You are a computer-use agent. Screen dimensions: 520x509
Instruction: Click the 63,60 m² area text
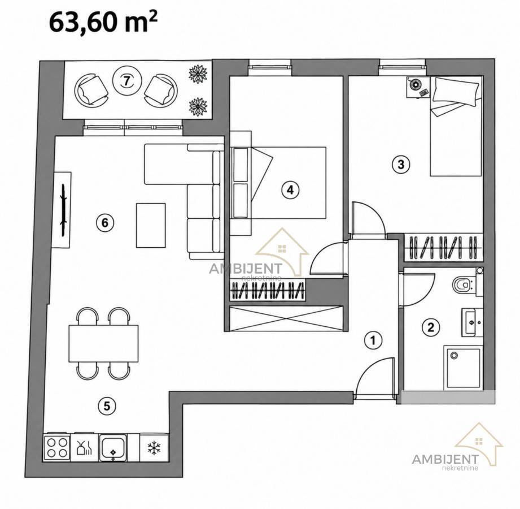103,23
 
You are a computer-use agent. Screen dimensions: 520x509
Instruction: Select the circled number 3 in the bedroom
401,164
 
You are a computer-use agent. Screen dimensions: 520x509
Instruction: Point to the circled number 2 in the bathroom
430,327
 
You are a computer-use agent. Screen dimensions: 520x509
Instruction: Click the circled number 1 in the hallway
373,340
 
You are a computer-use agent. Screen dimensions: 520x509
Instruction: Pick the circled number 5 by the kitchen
107,406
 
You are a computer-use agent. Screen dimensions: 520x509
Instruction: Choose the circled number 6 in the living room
105,222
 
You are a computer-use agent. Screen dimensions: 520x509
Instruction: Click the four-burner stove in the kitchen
57,447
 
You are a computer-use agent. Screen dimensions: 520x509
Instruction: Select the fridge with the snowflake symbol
154,447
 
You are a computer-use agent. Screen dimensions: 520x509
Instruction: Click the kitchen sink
113,447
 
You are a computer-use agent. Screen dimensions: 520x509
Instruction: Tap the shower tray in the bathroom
464,368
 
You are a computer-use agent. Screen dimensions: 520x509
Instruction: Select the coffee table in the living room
151,225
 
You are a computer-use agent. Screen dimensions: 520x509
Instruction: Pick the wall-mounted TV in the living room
63,210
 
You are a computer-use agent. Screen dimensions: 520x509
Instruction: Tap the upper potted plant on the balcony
198,74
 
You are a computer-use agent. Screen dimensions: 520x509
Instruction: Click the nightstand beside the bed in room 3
418,87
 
